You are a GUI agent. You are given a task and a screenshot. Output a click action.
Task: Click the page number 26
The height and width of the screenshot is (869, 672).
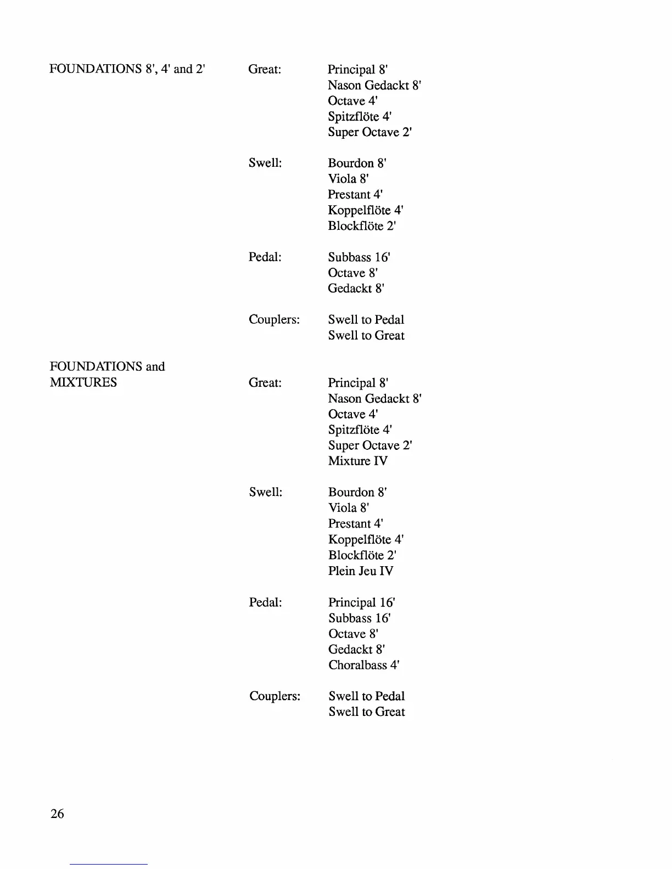click(x=57, y=814)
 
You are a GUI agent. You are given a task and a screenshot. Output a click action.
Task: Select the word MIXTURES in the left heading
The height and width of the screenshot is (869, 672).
click(x=83, y=382)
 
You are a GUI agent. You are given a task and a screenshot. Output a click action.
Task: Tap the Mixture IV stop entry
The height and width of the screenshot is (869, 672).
click(x=358, y=461)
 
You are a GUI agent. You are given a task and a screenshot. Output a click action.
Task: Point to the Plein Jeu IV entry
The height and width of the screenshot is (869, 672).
click(x=361, y=571)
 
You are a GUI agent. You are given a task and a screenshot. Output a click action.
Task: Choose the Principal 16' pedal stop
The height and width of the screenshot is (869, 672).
click(x=362, y=602)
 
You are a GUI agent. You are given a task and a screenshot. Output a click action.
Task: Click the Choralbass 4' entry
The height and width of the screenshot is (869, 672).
click(x=364, y=665)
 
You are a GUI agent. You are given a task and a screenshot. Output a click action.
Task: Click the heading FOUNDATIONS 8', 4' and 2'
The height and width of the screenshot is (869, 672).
click(x=127, y=69)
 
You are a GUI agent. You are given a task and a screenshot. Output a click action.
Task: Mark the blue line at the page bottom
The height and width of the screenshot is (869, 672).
click(x=109, y=864)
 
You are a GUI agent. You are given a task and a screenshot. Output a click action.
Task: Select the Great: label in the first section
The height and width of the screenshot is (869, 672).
click(x=265, y=69)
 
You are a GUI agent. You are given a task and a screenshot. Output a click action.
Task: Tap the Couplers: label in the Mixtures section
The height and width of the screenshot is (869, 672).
click(x=275, y=696)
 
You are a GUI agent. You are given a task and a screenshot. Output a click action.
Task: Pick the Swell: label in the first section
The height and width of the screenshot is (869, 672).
click(x=265, y=163)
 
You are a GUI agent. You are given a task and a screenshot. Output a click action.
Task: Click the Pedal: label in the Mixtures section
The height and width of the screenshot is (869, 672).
click(x=265, y=602)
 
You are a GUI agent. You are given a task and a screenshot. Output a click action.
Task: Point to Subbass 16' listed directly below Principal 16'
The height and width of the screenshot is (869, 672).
click(x=360, y=618)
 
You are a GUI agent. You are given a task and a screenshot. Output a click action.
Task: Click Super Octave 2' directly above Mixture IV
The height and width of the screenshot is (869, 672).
click(x=370, y=445)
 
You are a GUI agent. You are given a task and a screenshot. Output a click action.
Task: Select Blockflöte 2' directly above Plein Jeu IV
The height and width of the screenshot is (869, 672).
click(x=362, y=555)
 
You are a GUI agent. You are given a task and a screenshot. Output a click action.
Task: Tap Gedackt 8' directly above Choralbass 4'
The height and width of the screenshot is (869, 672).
click(x=356, y=650)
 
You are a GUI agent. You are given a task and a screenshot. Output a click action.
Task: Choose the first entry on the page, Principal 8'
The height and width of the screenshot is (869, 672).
click(x=358, y=69)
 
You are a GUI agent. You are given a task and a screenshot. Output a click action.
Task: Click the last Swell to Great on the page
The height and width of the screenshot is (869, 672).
click(x=367, y=712)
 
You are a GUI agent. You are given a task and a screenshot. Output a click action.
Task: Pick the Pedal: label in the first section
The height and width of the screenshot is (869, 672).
click(x=265, y=257)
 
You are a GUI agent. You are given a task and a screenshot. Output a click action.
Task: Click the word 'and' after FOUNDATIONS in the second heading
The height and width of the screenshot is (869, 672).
click(x=155, y=366)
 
